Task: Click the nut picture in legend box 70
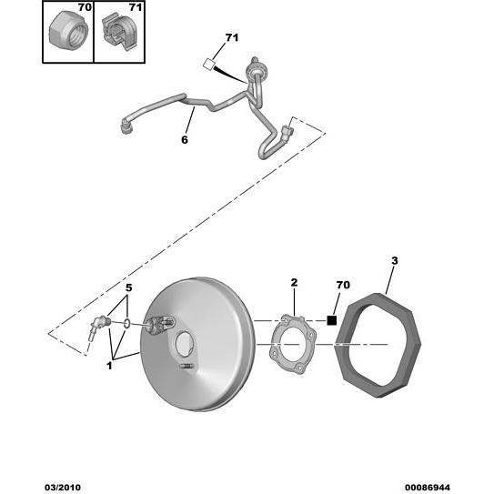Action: click(x=68, y=33)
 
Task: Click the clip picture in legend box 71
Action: click(x=119, y=32)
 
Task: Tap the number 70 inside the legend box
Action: click(x=85, y=7)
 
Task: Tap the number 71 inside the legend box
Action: click(x=136, y=7)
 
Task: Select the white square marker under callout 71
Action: click(x=208, y=65)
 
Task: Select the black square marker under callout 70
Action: click(x=332, y=320)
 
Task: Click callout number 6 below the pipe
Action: click(x=185, y=139)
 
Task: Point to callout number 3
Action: click(x=395, y=261)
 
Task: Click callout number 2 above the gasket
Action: click(x=294, y=283)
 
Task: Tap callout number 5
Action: click(x=129, y=288)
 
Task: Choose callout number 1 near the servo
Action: click(x=109, y=366)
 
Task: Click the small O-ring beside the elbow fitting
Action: click(x=126, y=323)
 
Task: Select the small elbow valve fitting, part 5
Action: click(x=98, y=327)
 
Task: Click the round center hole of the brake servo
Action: click(x=185, y=345)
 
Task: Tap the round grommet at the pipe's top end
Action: click(x=257, y=67)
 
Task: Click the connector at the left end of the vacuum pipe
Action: click(x=127, y=127)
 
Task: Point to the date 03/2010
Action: click(x=63, y=488)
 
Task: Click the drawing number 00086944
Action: click(x=428, y=488)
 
